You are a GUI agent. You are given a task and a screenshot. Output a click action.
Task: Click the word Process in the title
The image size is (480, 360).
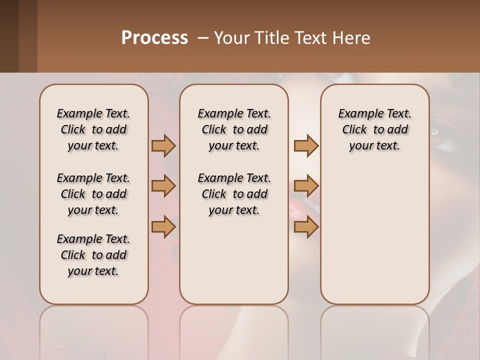coord(154,38)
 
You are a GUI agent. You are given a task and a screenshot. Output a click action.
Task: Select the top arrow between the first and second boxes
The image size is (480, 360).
coord(163,145)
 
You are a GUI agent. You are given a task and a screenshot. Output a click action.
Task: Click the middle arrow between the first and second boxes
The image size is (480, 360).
coord(163,186)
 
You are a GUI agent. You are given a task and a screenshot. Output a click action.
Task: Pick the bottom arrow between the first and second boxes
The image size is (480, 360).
coord(163,227)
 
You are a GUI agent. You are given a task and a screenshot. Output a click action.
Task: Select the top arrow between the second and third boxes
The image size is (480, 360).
coord(306,145)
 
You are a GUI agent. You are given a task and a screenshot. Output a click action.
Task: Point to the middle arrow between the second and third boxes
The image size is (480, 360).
coord(306,186)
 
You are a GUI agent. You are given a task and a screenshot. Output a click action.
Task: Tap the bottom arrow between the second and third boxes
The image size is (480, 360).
coord(306,227)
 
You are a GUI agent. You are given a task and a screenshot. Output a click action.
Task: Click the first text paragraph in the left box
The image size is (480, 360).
coord(93,129)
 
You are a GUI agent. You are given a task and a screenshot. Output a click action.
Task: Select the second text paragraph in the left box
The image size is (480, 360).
coord(93,194)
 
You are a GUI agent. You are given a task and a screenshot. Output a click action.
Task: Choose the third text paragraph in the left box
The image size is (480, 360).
coord(93,255)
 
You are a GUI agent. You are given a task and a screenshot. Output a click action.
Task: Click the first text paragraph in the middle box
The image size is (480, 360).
coord(234,129)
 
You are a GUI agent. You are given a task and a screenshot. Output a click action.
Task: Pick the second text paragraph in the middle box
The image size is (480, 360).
coord(234,194)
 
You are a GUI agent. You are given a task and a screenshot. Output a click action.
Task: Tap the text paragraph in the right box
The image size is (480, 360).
coord(374,129)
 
